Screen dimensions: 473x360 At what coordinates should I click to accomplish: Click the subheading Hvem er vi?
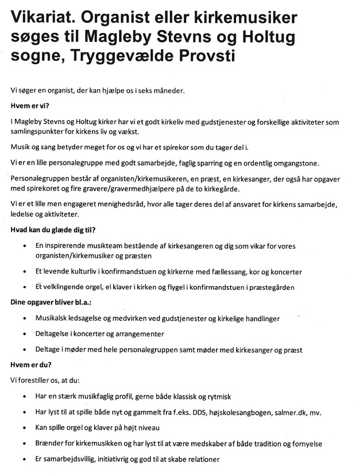click(x=30, y=105)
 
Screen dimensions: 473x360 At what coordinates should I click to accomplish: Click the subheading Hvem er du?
click(x=30, y=364)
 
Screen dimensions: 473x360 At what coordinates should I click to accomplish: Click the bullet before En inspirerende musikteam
click(x=24, y=245)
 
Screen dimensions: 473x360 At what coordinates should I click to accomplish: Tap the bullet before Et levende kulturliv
click(x=24, y=271)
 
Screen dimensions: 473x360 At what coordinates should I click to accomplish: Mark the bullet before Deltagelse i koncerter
click(x=24, y=334)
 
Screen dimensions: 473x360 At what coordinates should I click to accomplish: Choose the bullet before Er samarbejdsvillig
click(x=24, y=459)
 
